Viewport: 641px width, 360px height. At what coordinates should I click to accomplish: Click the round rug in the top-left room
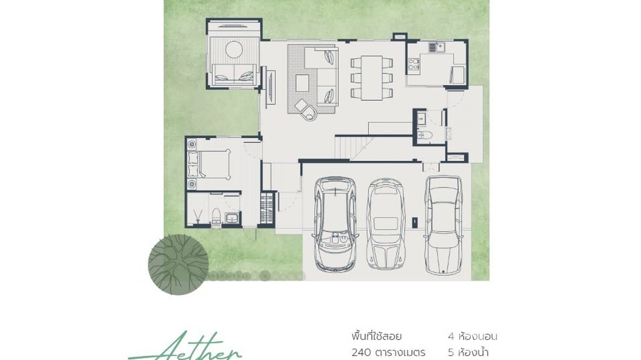pyautogui.click(x=234, y=50)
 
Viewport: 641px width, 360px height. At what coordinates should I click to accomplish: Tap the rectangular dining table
pyautogui.click(x=372, y=78)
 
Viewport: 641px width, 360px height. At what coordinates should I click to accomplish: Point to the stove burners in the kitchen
pyautogui.click(x=414, y=64)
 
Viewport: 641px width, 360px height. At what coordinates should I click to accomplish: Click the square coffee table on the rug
pyautogui.click(x=302, y=83)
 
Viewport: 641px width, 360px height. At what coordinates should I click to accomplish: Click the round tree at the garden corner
pyautogui.click(x=178, y=264)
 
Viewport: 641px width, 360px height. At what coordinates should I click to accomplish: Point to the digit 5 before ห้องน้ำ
pyautogui.click(x=451, y=353)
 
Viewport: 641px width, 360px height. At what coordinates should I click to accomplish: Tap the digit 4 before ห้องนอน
pyautogui.click(x=451, y=336)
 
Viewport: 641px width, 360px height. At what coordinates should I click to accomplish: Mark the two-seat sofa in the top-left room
pyautogui.click(x=234, y=74)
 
